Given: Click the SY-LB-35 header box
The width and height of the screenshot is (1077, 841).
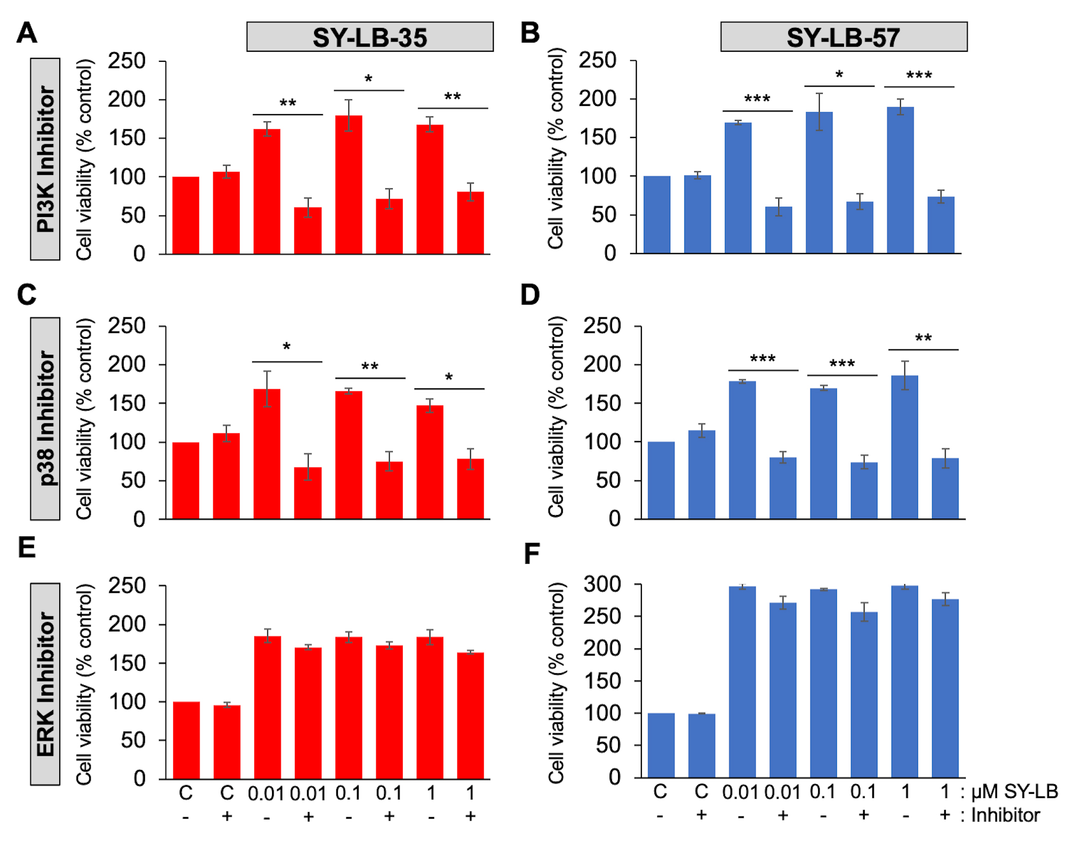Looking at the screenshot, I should pyautogui.click(x=370, y=37).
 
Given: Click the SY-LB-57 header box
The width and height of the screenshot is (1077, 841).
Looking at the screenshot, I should pyautogui.click(x=843, y=37).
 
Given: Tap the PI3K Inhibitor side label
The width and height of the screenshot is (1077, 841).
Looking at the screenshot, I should pyautogui.click(x=46, y=159).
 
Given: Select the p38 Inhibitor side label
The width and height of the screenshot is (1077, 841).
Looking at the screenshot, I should pyautogui.click(x=46, y=419).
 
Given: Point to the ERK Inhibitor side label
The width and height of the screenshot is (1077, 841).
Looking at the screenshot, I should pyautogui.click(x=46, y=684).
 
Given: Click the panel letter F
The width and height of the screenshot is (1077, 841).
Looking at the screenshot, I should pyautogui.click(x=531, y=554).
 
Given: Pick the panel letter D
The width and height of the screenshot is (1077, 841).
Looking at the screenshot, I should pyautogui.click(x=530, y=295).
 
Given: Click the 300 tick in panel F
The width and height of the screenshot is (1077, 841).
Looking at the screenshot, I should pyautogui.click(x=602, y=584).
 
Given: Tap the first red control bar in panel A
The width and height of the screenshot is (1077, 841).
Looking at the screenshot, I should pyautogui.click(x=186, y=215).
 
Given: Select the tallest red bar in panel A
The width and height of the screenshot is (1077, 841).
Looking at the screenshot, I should pyautogui.click(x=349, y=185).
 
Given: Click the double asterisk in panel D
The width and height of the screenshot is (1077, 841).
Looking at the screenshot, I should pyautogui.click(x=923, y=339).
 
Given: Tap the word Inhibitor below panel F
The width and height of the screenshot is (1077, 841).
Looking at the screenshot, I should pyautogui.click(x=1005, y=815).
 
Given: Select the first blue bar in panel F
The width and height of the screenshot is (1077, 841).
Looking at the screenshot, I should pyautogui.click(x=661, y=745).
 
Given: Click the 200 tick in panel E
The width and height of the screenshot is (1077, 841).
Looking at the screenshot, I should pyautogui.click(x=126, y=624).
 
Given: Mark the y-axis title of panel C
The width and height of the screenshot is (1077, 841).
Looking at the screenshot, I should pyautogui.click(x=85, y=419).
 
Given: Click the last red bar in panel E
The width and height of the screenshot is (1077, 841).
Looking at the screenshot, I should pyautogui.click(x=470, y=715).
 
